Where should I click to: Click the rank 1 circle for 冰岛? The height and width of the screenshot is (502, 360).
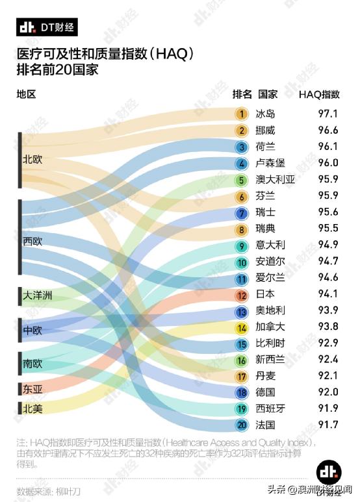pyautogui.click(x=242, y=114)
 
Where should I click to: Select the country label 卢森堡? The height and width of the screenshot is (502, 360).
pyautogui.click(x=270, y=164)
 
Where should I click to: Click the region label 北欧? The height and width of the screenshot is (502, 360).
pyautogui.click(x=32, y=159)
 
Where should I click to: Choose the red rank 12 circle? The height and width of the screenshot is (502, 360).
pyautogui.click(x=242, y=295)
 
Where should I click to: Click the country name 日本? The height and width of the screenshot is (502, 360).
pyautogui.click(x=265, y=295)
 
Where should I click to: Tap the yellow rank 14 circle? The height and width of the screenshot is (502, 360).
pyautogui.click(x=242, y=327)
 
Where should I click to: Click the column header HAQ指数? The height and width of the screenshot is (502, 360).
pyautogui.click(x=319, y=94)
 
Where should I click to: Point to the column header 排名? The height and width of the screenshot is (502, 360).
pyautogui.click(x=242, y=94)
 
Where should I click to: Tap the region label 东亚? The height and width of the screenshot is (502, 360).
pyautogui.click(x=32, y=390)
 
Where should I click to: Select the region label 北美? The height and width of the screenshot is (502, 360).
pyautogui.click(x=32, y=408)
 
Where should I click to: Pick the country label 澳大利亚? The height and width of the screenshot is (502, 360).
pyautogui.click(x=276, y=180)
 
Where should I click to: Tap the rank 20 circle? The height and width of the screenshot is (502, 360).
pyautogui.click(x=242, y=425)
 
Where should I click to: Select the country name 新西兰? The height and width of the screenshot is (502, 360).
pyautogui.click(x=270, y=360)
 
